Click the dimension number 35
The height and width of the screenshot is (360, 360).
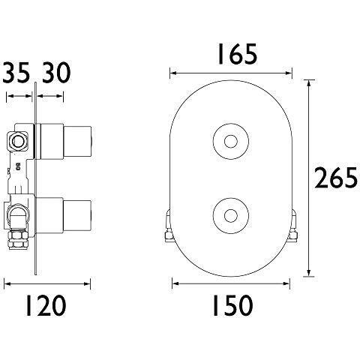16,74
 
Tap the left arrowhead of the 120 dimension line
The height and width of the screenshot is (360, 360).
7,283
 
